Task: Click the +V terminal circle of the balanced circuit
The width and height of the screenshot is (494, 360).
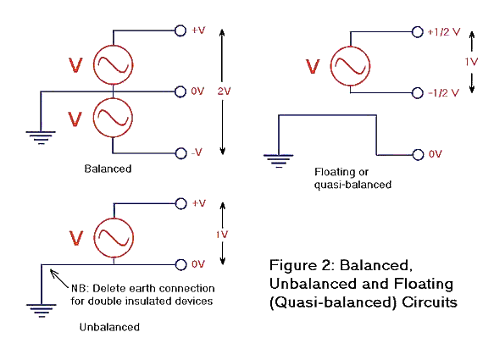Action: coord(180,30)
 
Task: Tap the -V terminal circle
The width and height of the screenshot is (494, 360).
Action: coord(180,152)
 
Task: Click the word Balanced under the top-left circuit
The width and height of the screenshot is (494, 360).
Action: coord(108,169)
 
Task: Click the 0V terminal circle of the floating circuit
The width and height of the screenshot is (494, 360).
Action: coord(417,154)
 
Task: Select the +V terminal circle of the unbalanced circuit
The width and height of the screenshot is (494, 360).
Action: coord(180,204)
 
